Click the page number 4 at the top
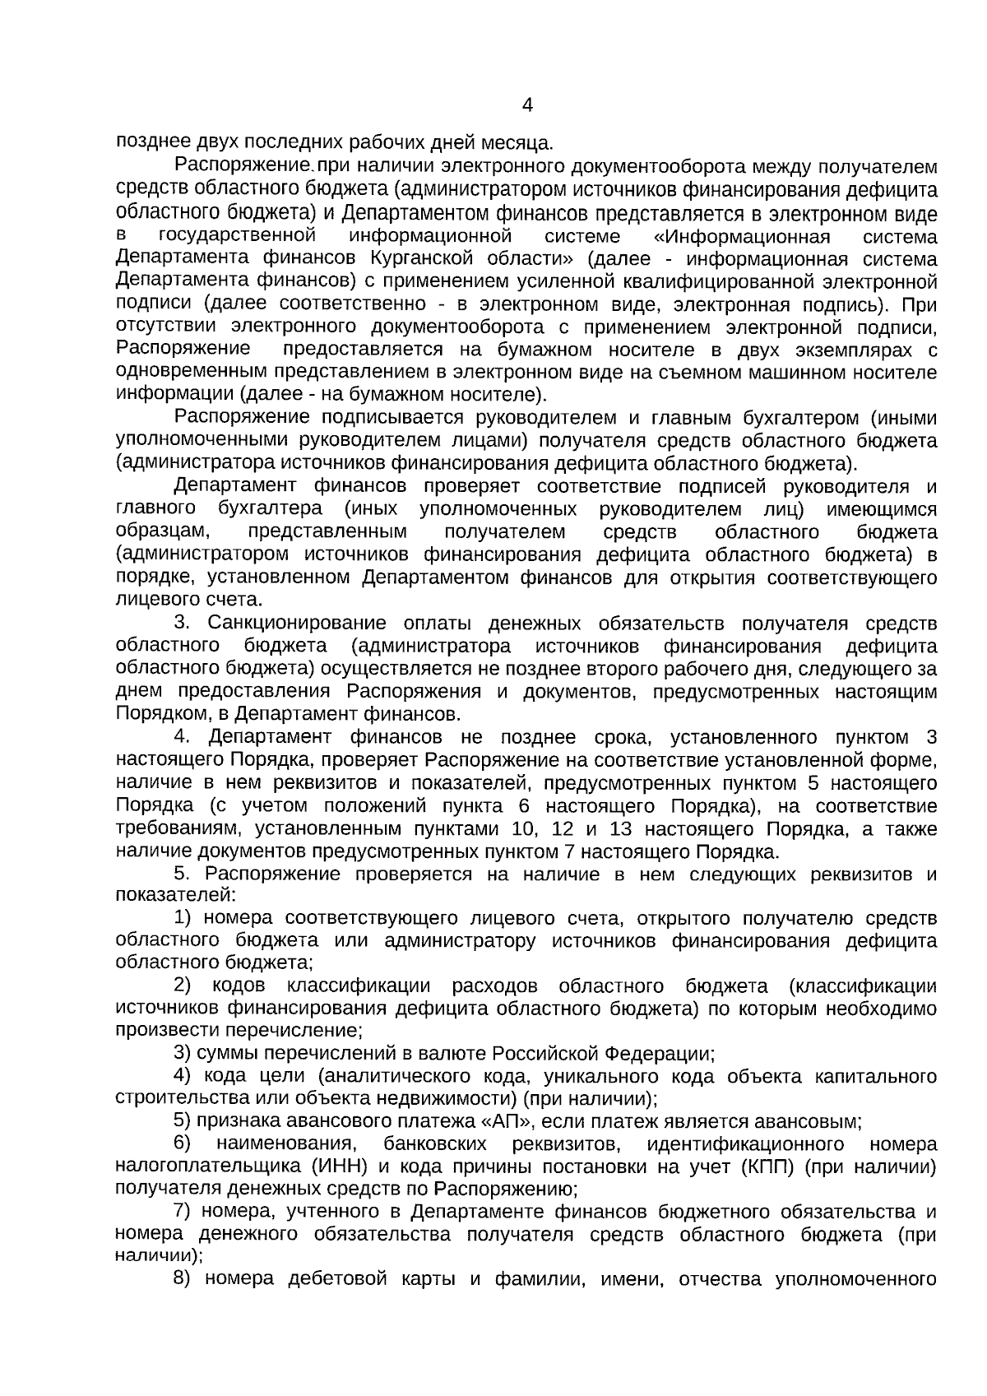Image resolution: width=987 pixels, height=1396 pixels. (527, 105)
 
